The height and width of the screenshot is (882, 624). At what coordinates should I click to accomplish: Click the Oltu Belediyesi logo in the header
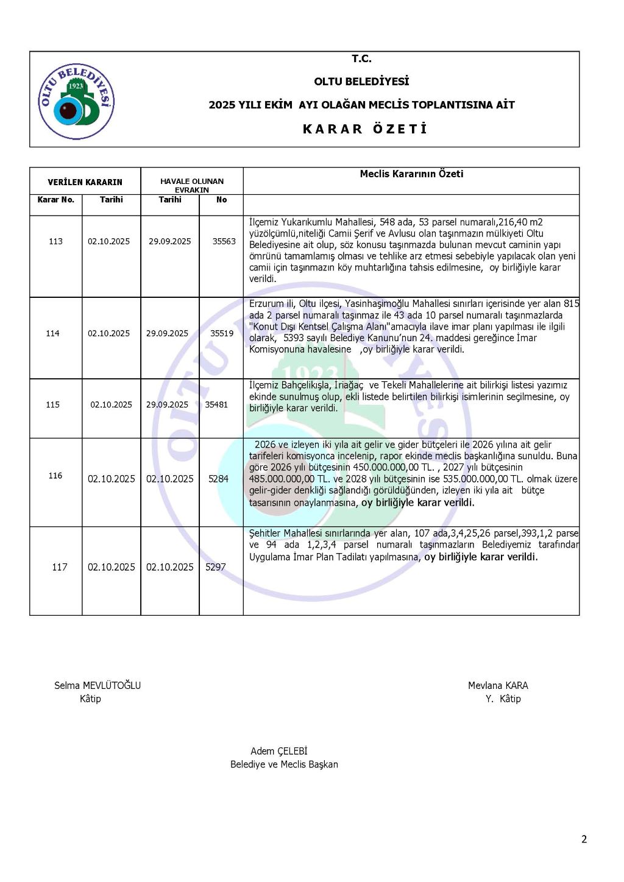point(76,101)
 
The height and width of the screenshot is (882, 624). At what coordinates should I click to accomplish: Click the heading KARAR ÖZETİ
point(365,129)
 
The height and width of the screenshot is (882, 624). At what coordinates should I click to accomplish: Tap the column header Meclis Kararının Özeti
point(411,174)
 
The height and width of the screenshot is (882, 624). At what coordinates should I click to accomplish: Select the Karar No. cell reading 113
point(55,241)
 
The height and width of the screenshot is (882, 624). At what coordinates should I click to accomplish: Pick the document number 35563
point(224,241)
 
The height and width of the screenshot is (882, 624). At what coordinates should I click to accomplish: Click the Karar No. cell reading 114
point(53,333)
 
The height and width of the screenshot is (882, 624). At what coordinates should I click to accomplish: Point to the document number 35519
point(222,333)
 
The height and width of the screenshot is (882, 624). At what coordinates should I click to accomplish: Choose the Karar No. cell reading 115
point(53,404)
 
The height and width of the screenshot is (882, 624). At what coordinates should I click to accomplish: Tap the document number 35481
point(216,404)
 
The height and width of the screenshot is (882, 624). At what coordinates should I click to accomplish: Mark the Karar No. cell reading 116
point(55,476)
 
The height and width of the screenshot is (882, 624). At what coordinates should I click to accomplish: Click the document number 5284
point(218,479)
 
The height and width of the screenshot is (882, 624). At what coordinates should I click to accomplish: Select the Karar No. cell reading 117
point(60,567)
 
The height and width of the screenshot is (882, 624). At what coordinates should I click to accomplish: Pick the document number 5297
point(216,567)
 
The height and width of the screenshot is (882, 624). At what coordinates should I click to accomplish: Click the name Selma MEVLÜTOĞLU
point(97,685)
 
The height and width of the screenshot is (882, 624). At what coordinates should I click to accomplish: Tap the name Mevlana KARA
point(498,685)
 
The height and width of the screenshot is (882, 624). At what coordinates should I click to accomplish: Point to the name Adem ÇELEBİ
point(279,751)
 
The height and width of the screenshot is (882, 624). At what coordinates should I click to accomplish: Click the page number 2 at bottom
point(584,839)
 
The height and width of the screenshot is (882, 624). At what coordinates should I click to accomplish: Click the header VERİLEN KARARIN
point(85,182)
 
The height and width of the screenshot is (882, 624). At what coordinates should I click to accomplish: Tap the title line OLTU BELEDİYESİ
point(361,82)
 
